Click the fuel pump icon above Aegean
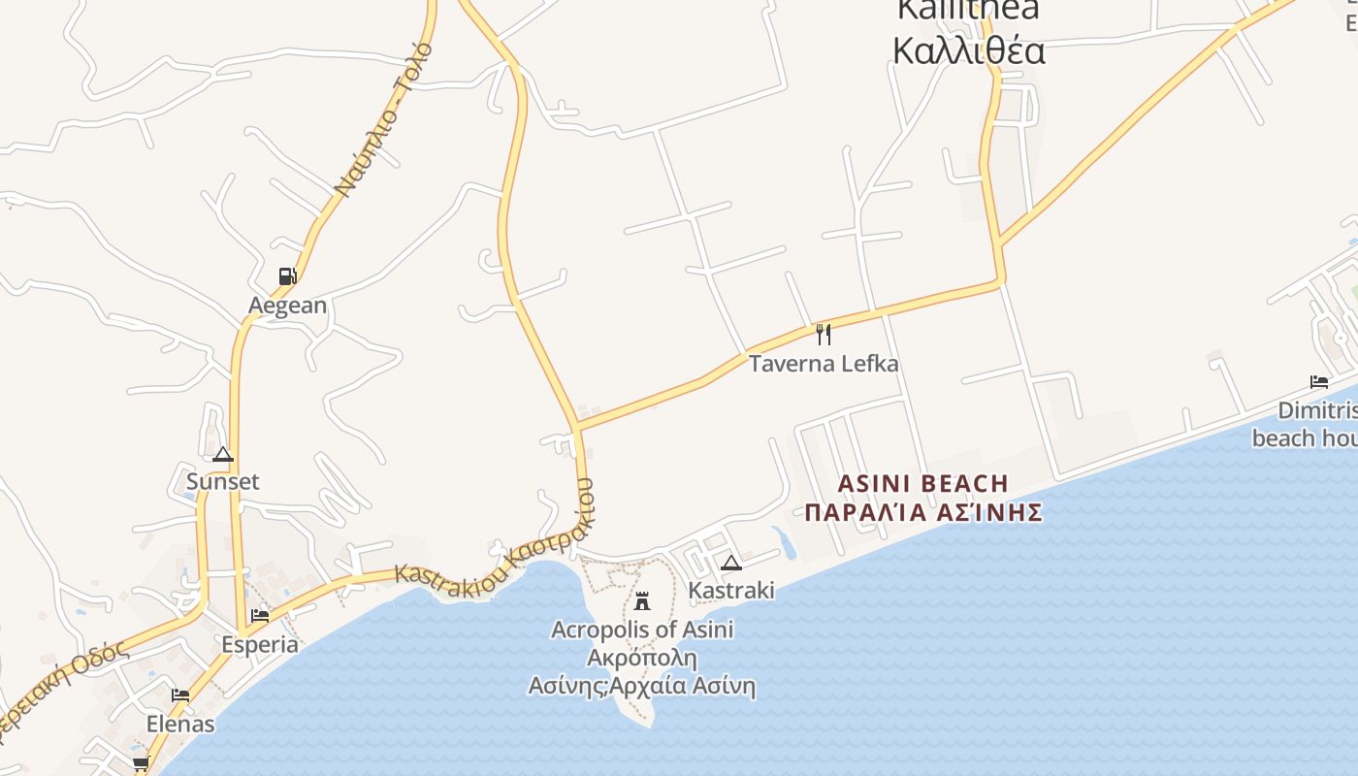(x=287, y=276)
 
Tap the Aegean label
(x=288, y=306)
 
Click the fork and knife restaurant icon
(x=824, y=335)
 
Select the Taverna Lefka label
(x=824, y=364)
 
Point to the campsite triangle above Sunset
(x=223, y=454)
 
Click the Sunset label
(x=223, y=482)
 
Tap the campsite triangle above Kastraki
(x=731, y=563)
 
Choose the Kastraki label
(x=731, y=590)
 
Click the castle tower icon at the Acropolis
(x=641, y=600)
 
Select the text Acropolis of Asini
(x=642, y=630)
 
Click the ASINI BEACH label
(x=922, y=483)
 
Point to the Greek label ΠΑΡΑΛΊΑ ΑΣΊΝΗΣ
(x=923, y=512)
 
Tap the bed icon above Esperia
(x=260, y=615)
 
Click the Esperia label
(x=260, y=644)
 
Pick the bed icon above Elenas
(x=180, y=695)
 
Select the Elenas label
(x=180, y=724)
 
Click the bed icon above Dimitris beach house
(x=1318, y=381)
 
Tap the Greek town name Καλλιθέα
(x=968, y=50)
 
